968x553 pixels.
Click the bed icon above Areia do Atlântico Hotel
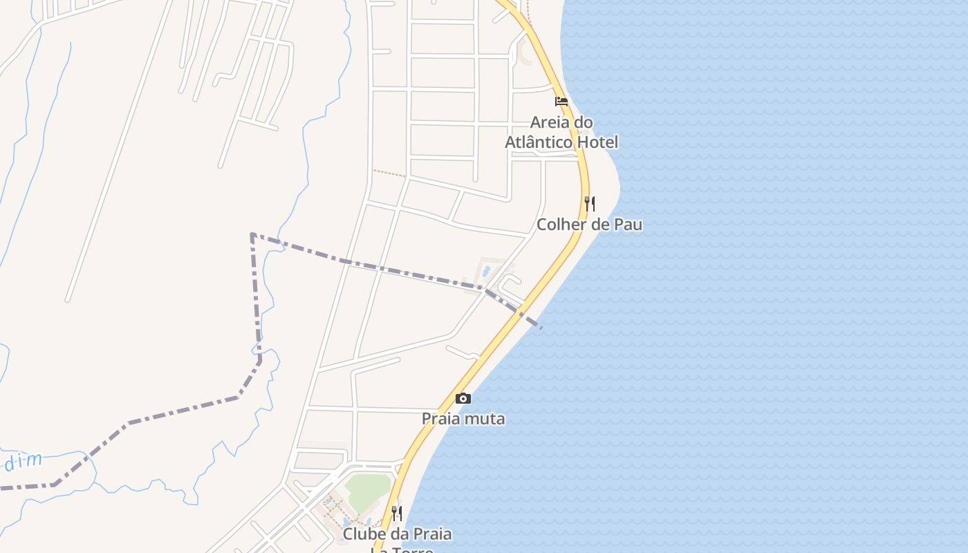561,102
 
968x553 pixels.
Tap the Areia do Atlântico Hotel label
561,132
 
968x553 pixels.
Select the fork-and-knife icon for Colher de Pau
590,203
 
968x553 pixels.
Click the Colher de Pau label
590,225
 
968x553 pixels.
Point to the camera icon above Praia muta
463,398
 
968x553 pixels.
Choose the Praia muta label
463,419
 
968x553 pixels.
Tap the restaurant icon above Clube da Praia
397,513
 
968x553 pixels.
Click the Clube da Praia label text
398,534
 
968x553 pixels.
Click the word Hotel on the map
598,142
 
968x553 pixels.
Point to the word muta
488,419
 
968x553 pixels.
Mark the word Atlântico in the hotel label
539,142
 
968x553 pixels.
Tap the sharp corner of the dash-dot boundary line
252,235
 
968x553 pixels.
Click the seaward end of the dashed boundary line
541,327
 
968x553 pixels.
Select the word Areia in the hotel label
550,122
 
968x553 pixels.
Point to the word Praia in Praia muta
441,419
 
